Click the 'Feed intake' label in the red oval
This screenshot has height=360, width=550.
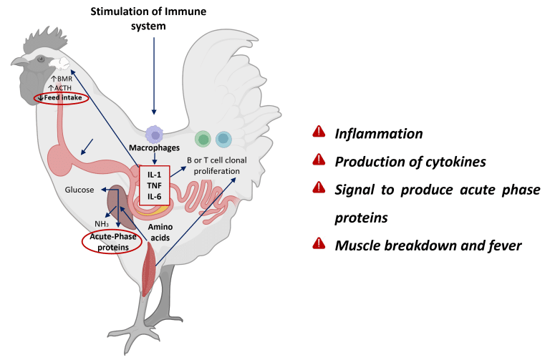click(x=64, y=97)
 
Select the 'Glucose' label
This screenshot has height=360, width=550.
click(x=79, y=190)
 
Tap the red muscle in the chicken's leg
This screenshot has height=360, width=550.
click(x=148, y=266)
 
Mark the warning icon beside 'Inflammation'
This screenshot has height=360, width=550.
click(x=319, y=132)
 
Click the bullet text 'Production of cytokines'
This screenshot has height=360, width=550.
click(x=410, y=162)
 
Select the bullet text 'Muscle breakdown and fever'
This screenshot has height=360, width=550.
click(x=428, y=245)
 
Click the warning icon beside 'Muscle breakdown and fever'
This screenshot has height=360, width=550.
click(x=319, y=243)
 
